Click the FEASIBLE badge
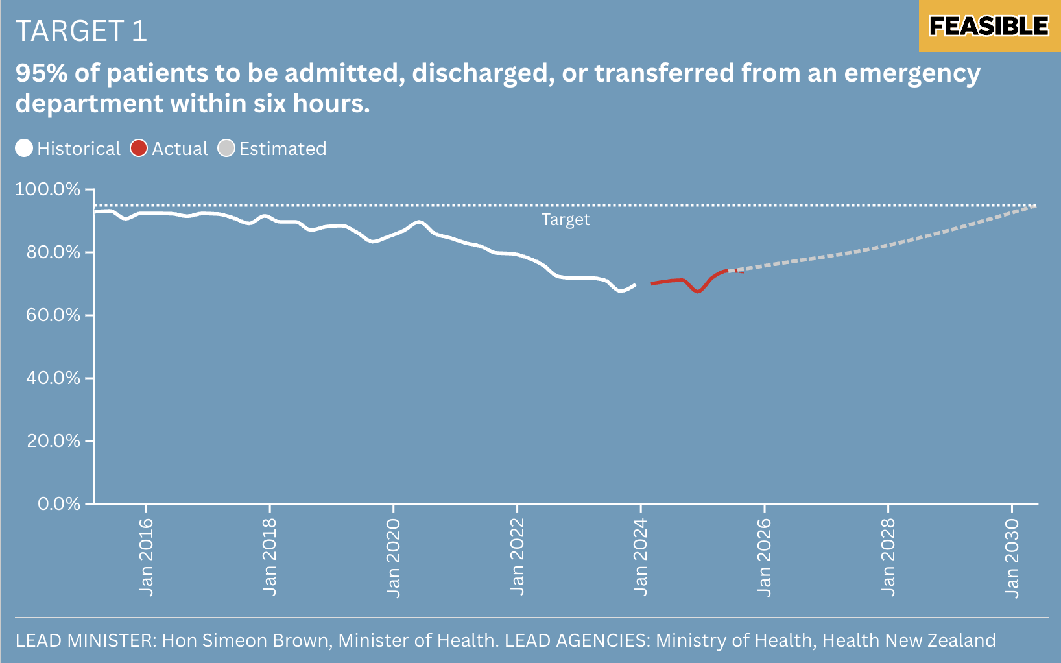pyautogui.click(x=988, y=26)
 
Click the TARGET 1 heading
pyautogui.click(x=81, y=31)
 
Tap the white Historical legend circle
pyautogui.click(x=24, y=149)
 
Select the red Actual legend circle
pyautogui.click(x=139, y=149)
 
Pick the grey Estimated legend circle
pyautogui.click(x=226, y=149)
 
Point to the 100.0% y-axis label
pyautogui.click(x=47, y=189)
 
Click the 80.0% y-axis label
pyautogui.click(x=53, y=252)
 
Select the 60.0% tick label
pyautogui.click(x=53, y=315)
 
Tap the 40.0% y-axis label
pyautogui.click(x=53, y=378)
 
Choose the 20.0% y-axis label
pyautogui.click(x=53, y=441)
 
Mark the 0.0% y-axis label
pyautogui.click(x=59, y=504)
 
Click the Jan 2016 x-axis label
pyautogui.click(x=147, y=557)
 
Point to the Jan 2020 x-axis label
pyautogui.click(x=394, y=557)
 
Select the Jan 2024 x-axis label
pyautogui.click(x=641, y=557)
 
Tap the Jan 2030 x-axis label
pyautogui.click(x=1012, y=557)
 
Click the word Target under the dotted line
pyautogui.click(x=566, y=220)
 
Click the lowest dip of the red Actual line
pyautogui.click(x=698, y=291)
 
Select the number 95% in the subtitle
pyautogui.click(x=42, y=73)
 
